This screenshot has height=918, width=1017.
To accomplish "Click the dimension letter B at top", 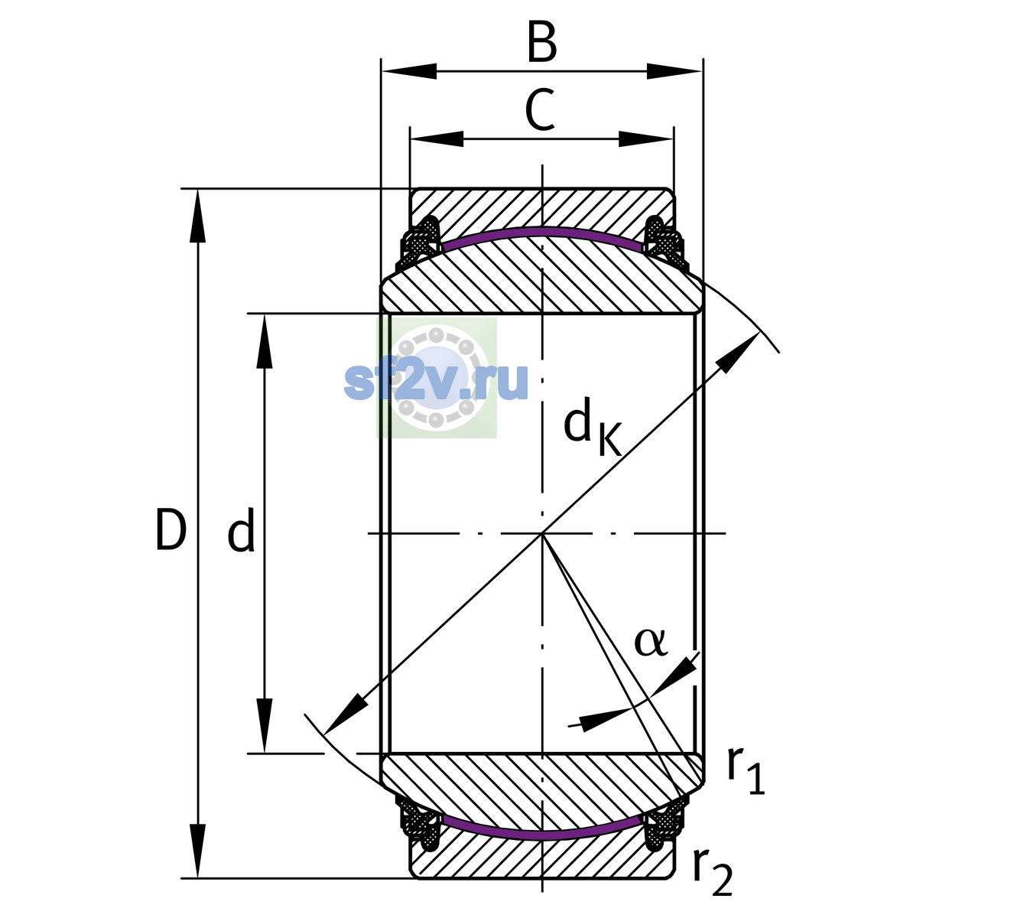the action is click(542, 41).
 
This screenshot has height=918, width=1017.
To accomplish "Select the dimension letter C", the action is click(540, 110).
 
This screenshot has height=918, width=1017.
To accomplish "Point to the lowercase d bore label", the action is click(241, 530).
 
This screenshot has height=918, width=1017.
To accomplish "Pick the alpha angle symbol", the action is click(651, 643).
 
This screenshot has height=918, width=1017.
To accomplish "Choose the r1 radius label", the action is click(746, 770).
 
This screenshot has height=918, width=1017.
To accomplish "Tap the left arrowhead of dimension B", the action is click(408, 71).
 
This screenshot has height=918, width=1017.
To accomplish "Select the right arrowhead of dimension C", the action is click(646, 138).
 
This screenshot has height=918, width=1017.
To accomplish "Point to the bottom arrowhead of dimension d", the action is click(264, 726).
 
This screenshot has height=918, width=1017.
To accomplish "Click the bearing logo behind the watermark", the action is click(437, 378).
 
